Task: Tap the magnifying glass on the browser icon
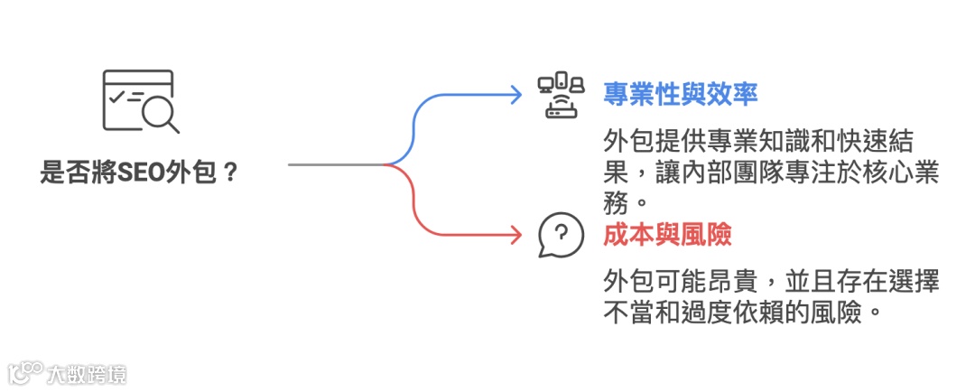point(161,114)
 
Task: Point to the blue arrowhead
point(515,93)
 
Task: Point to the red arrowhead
point(515,237)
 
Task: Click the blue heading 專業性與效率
point(680,93)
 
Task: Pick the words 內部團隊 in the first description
point(727,172)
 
